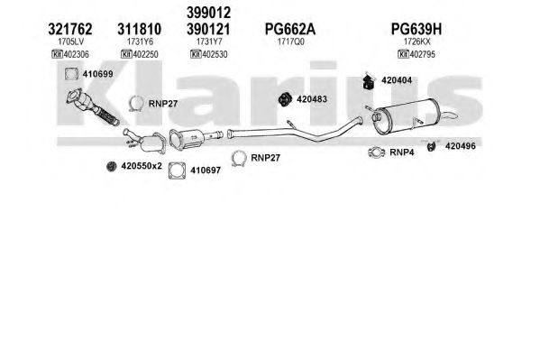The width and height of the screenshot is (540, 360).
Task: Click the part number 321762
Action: click(70, 29)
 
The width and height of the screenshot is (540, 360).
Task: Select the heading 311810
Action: click(139, 29)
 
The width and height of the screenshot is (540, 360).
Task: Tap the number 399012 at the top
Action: click(208, 13)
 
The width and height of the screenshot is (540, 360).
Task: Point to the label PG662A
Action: click(290, 29)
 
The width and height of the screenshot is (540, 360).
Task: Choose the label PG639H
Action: click(416, 29)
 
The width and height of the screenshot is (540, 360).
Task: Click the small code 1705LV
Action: click(70, 42)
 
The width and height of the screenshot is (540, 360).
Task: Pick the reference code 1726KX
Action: click(417, 42)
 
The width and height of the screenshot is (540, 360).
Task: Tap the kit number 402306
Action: click(77, 54)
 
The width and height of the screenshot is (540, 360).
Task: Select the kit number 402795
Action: click(423, 54)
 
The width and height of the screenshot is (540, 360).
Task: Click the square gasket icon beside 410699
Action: click(71, 74)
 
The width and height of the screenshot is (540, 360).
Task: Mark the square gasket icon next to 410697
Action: click(177, 171)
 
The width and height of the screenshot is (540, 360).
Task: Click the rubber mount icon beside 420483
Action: click(285, 99)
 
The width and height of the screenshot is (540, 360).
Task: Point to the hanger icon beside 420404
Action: click(369, 81)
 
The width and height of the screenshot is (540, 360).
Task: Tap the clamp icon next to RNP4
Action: click(377, 152)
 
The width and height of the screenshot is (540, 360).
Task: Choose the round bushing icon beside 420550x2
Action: click(111, 167)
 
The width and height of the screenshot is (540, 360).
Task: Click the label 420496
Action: click(461, 146)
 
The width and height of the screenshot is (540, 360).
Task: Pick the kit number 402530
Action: click(215, 54)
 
